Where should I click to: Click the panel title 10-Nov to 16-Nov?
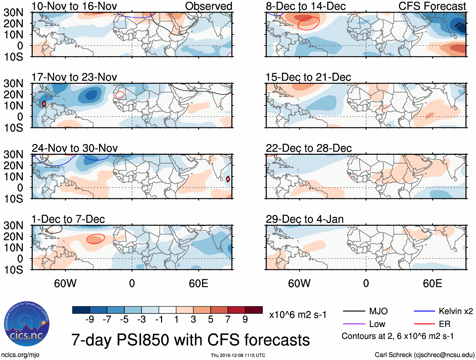pyautogui.click(x=74, y=6)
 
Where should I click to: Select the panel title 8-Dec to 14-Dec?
pyautogui.click(x=305, y=6)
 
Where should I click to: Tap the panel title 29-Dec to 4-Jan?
pyautogui.click(x=305, y=219)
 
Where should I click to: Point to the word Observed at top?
pyautogui.click(x=208, y=6)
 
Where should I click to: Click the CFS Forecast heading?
pyautogui.click(x=432, y=6)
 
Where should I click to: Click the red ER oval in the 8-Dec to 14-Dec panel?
pyautogui.click(x=309, y=23)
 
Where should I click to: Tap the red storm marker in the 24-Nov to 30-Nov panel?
pyautogui.click(x=228, y=179)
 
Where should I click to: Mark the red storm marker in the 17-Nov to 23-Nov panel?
pyautogui.click(x=44, y=103)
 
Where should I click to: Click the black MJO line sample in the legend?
pyautogui.click(x=354, y=311)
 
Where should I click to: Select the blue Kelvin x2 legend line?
pyautogui.click(x=424, y=311)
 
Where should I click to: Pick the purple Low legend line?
pyautogui.click(x=354, y=324)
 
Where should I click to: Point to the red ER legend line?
pyautogui.click(x=424, y=324)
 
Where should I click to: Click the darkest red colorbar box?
pyautogui.click(x=254, y=310)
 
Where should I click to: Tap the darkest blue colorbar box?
pyautogui.click(x=81, y=310)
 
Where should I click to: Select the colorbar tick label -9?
pyautogui.click(x=90, y=320)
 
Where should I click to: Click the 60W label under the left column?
pyautogui.click(x=65, y=283)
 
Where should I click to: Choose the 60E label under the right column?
pyautogui.click(x=432, y=283)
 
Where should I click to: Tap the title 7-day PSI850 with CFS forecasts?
pyautogui.click(x=190, y=340)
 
